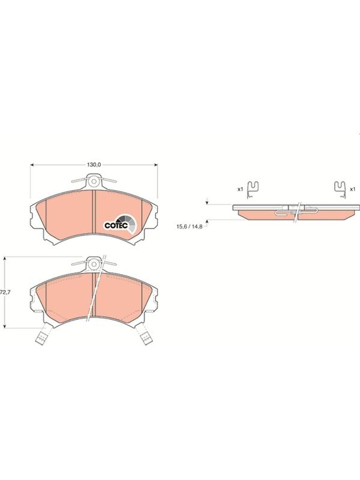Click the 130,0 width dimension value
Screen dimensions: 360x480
click(x=94, y=164)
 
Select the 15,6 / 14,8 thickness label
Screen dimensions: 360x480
click(x=189, y=227)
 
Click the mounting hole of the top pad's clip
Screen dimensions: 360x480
click(x=94, y=181)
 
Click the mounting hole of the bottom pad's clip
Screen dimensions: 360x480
click(x=94, y=264)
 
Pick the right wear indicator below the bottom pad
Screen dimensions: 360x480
click(x=147, y=338)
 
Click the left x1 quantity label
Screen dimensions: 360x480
click(x=240, y=189)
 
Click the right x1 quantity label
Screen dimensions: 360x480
click(x=353, y=189)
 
